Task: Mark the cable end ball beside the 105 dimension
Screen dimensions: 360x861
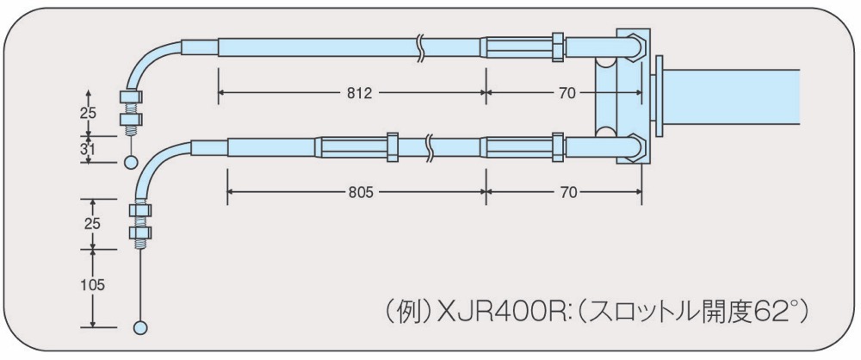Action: click(140, 326)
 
